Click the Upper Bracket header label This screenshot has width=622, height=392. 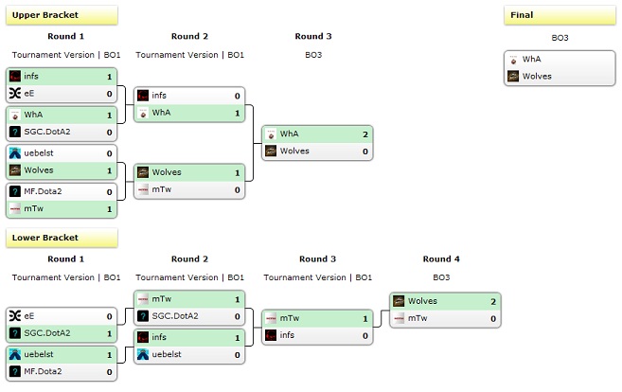click(45, 15)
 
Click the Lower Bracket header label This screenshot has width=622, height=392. click(45, 238)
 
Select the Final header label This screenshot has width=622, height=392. click(522, 15)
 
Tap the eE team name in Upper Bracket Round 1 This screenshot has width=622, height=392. click(30, 93)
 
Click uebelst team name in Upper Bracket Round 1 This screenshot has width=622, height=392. click(40, 152)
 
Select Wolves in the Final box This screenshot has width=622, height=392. click(537, 76)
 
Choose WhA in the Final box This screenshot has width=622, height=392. click(531, 59)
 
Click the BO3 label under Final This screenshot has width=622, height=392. click(560, 38)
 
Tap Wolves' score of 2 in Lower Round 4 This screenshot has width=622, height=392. click(491, 301)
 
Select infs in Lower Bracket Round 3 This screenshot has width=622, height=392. click(287, 335)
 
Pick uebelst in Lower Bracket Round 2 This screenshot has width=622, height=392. click(168, 354)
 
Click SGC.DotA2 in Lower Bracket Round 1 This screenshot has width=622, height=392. click(47, 333)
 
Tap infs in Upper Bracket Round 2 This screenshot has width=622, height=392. click(159, 96)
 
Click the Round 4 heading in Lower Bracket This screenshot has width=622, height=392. click(442, 258)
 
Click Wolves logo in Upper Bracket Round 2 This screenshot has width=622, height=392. click(143, 172)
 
